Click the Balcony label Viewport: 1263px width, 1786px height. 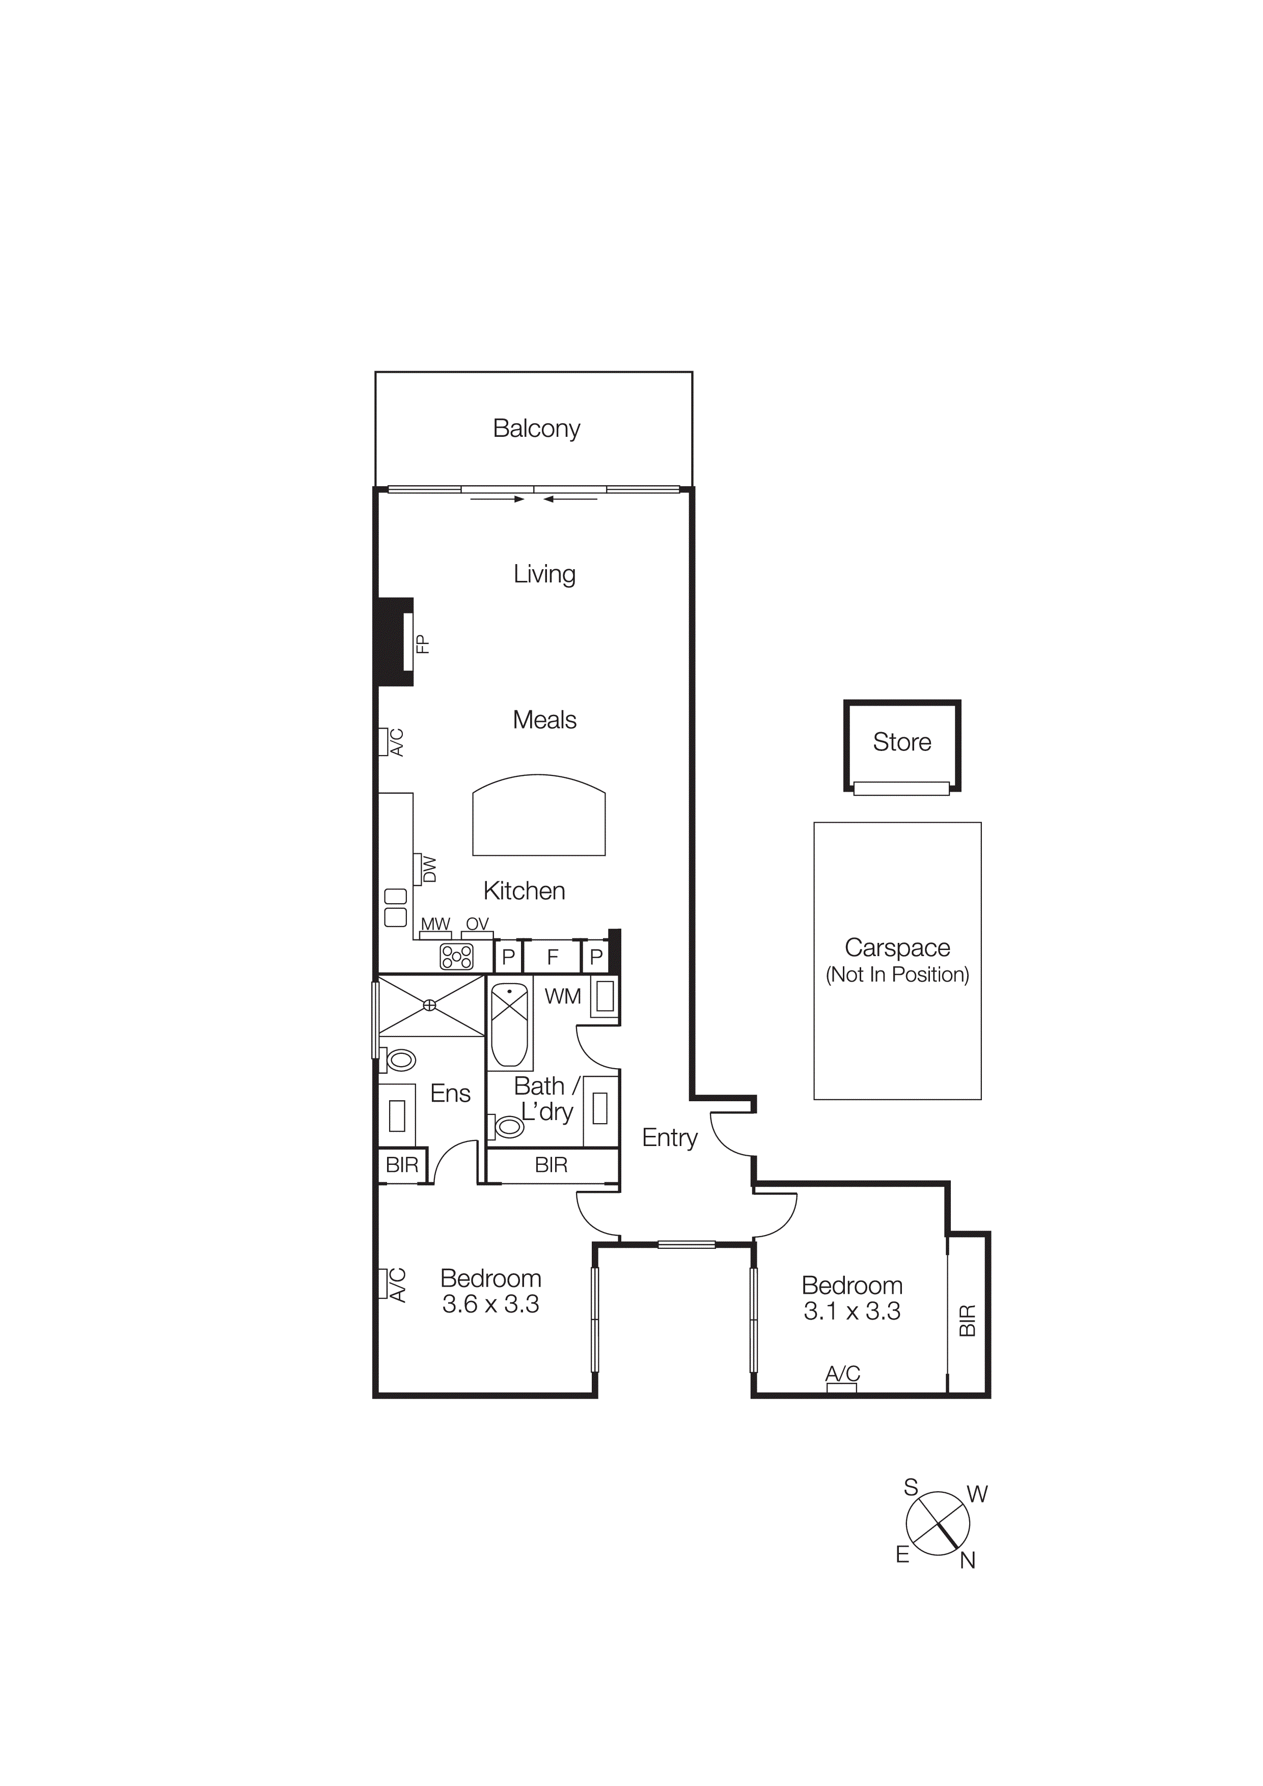pyautogui.click(x=536, y=429)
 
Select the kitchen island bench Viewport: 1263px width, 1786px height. pyautogui.click(x=538, y=816)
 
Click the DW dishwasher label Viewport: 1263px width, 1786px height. pyautogui.click(x=429, y=870)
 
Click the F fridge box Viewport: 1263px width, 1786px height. pyautogui.click(x=553, y=957)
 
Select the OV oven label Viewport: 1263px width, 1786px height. pyautogui.click(x=477, y=924)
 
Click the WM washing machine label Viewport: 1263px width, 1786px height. pyautogui.click(x=562, y=996)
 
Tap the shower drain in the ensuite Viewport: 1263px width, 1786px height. pyautogui.click(x=429, y=1006)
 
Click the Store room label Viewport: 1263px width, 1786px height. pyautogui.click(x=902, y=742)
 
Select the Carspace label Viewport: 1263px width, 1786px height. pyautogui.click(x=897, y=947)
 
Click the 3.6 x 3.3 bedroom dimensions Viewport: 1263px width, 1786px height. pyautogui.click(x=490, y=1304)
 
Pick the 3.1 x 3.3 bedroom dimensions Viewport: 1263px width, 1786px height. pyautogui.click(x=852, y=1310)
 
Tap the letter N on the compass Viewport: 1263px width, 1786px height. pyautogui.click(x=967, y=1559)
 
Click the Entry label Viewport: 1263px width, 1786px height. pyautogui.click(x=669, y=1138)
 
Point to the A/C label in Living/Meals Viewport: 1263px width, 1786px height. pyautogui.click(x=397, y=742)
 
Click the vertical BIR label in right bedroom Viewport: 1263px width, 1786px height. pyautogui.click(x=967, y=1321)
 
